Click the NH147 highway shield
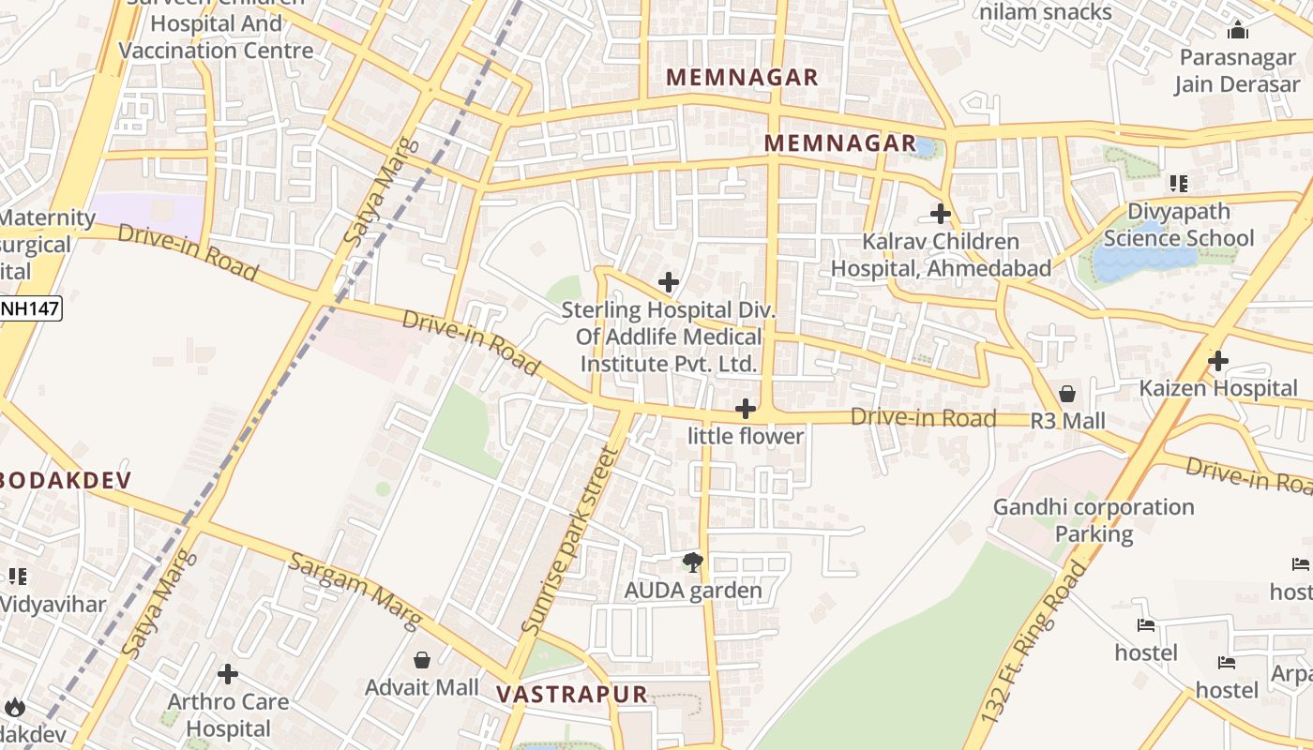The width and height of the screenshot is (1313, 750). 30,307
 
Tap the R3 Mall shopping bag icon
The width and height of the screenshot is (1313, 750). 1067,394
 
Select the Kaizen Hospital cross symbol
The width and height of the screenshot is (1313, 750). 1217,361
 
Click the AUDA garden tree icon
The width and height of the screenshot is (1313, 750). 693,562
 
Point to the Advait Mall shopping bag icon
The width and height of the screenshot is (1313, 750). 422,660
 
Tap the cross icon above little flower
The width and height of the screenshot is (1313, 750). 746,409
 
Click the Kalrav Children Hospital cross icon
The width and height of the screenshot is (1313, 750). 941,214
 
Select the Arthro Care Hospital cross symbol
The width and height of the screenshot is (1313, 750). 227,674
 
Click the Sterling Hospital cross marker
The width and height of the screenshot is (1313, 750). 669,281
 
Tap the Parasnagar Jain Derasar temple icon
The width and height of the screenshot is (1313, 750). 1237,30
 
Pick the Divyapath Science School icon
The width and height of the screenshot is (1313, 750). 1179,184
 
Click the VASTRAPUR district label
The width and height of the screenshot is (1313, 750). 572,695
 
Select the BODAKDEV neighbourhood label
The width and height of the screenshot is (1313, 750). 66,480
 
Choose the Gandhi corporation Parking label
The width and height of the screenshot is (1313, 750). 1094,520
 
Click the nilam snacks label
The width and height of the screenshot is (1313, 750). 1046,12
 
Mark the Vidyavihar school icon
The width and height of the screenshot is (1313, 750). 17,577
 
